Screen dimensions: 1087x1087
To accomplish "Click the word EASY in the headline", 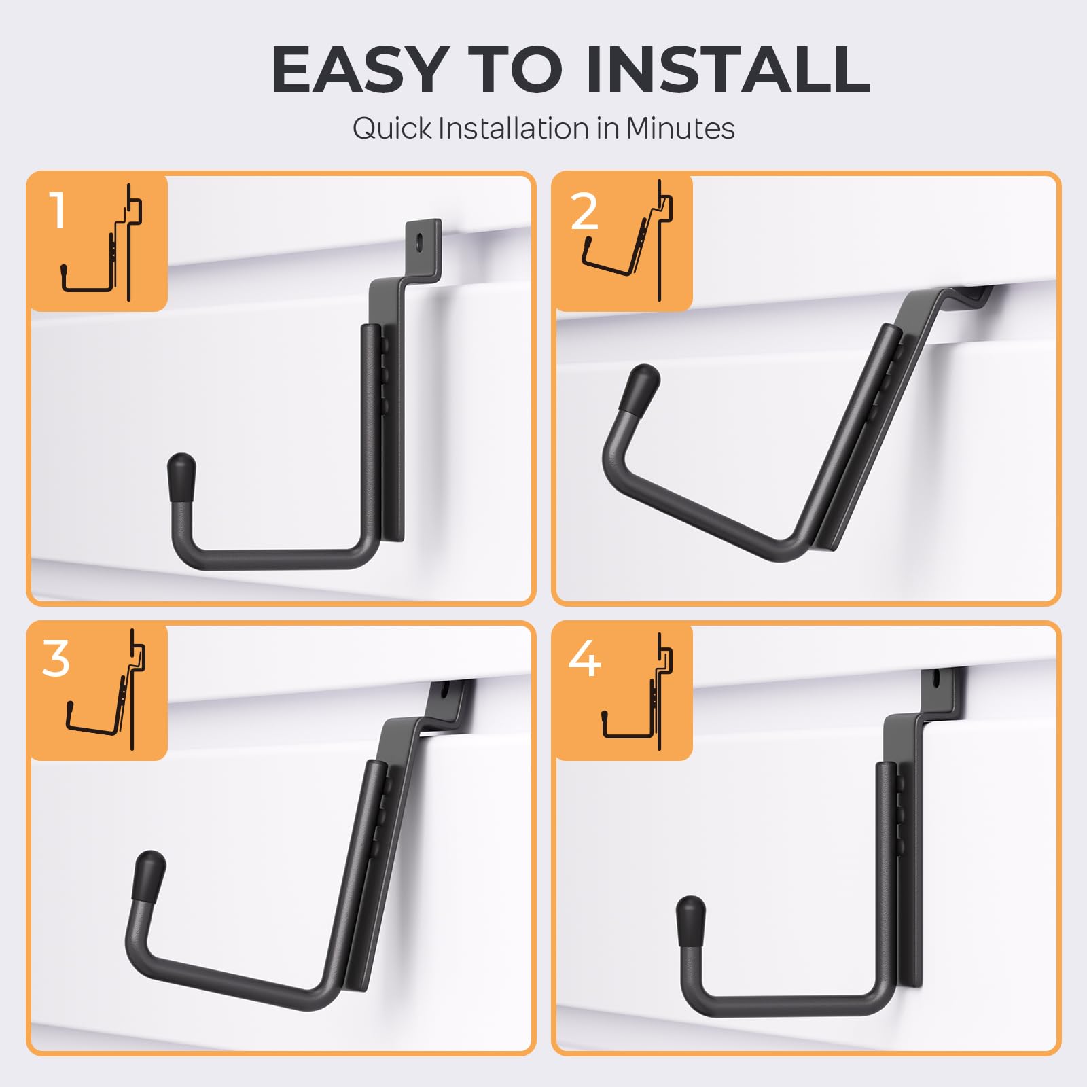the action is tap(358, 70).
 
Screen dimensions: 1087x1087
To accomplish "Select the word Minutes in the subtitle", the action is tap(680, 128).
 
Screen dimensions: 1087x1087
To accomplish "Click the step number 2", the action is tap(584, 211).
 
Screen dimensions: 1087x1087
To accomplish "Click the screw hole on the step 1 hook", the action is tap(421, 240).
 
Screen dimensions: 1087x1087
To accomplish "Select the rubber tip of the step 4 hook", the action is tap(692, 921).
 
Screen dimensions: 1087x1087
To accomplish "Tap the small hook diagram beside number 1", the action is tap(102, 243).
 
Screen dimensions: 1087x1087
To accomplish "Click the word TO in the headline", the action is tap(515, 70).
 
